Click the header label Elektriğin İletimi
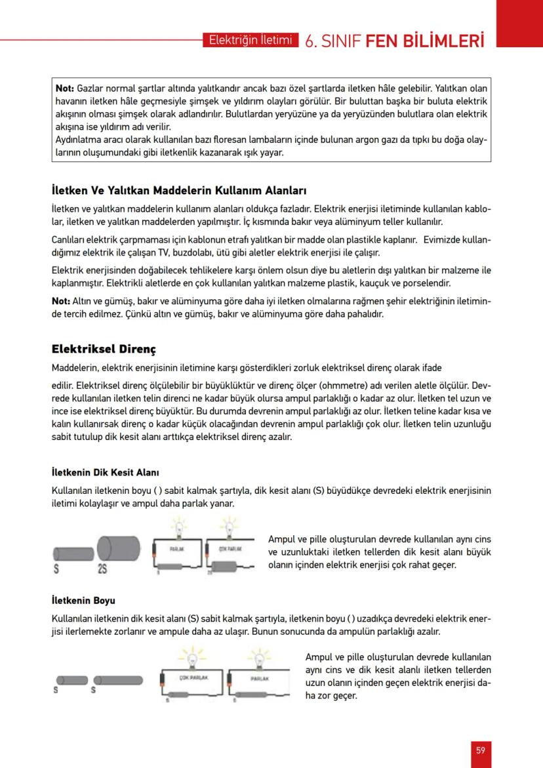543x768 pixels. pos(249,40)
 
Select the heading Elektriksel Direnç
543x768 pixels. pos(104,348)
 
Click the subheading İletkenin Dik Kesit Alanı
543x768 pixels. pos(106,472)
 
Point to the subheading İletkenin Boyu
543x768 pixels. pos(83,599)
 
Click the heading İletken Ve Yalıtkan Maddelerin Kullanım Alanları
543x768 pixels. pos(179,192)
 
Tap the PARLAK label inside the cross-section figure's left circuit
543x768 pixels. pos(176,548)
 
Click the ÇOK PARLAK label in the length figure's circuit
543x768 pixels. pos(193,677)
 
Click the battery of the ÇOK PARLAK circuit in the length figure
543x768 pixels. pos(161,684)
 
